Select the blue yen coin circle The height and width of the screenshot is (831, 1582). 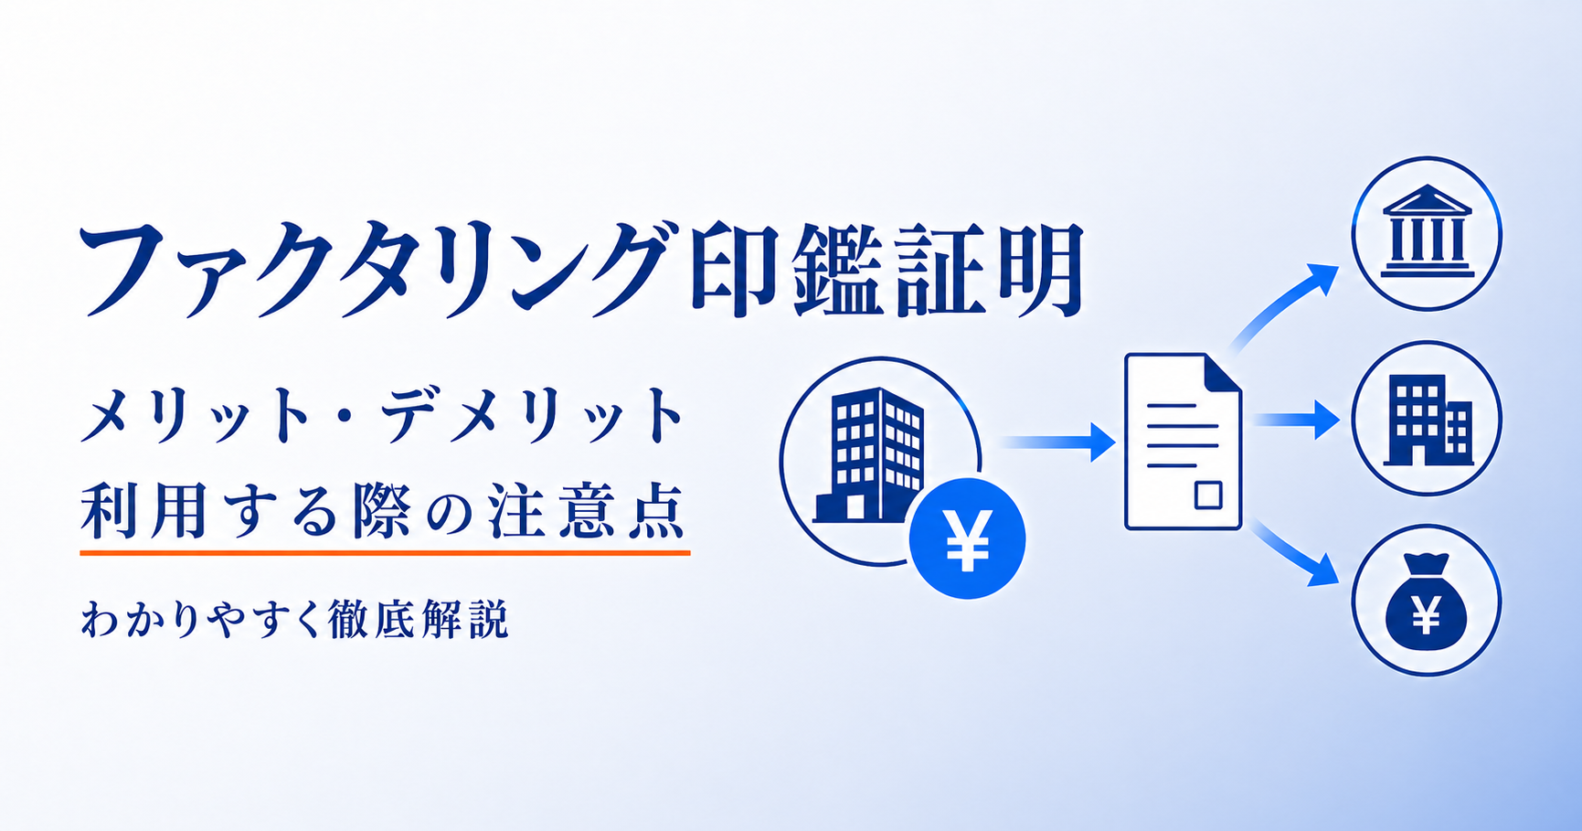(x=967, y=538)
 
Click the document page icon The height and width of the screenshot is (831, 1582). (x=1183, y=442)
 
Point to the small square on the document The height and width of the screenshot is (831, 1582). (x=1208, y=495)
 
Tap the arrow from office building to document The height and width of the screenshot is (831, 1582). (x=1057, y=442)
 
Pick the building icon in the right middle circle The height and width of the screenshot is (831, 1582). (x=1427, y=420)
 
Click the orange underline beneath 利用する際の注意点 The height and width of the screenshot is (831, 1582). (x=385, y=552)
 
